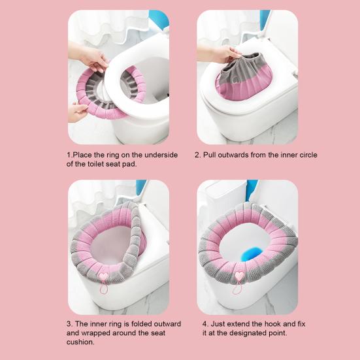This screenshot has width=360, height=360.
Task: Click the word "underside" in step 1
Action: pyautogui.click(x=158, y=155)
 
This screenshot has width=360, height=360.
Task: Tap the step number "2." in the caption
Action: pyautogui.click(x=199, y=155)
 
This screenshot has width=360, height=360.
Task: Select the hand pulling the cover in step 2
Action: pyautogui.click(x=225, y=54)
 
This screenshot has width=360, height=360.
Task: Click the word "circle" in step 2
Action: pyautogui.click(x=305, y=155)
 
